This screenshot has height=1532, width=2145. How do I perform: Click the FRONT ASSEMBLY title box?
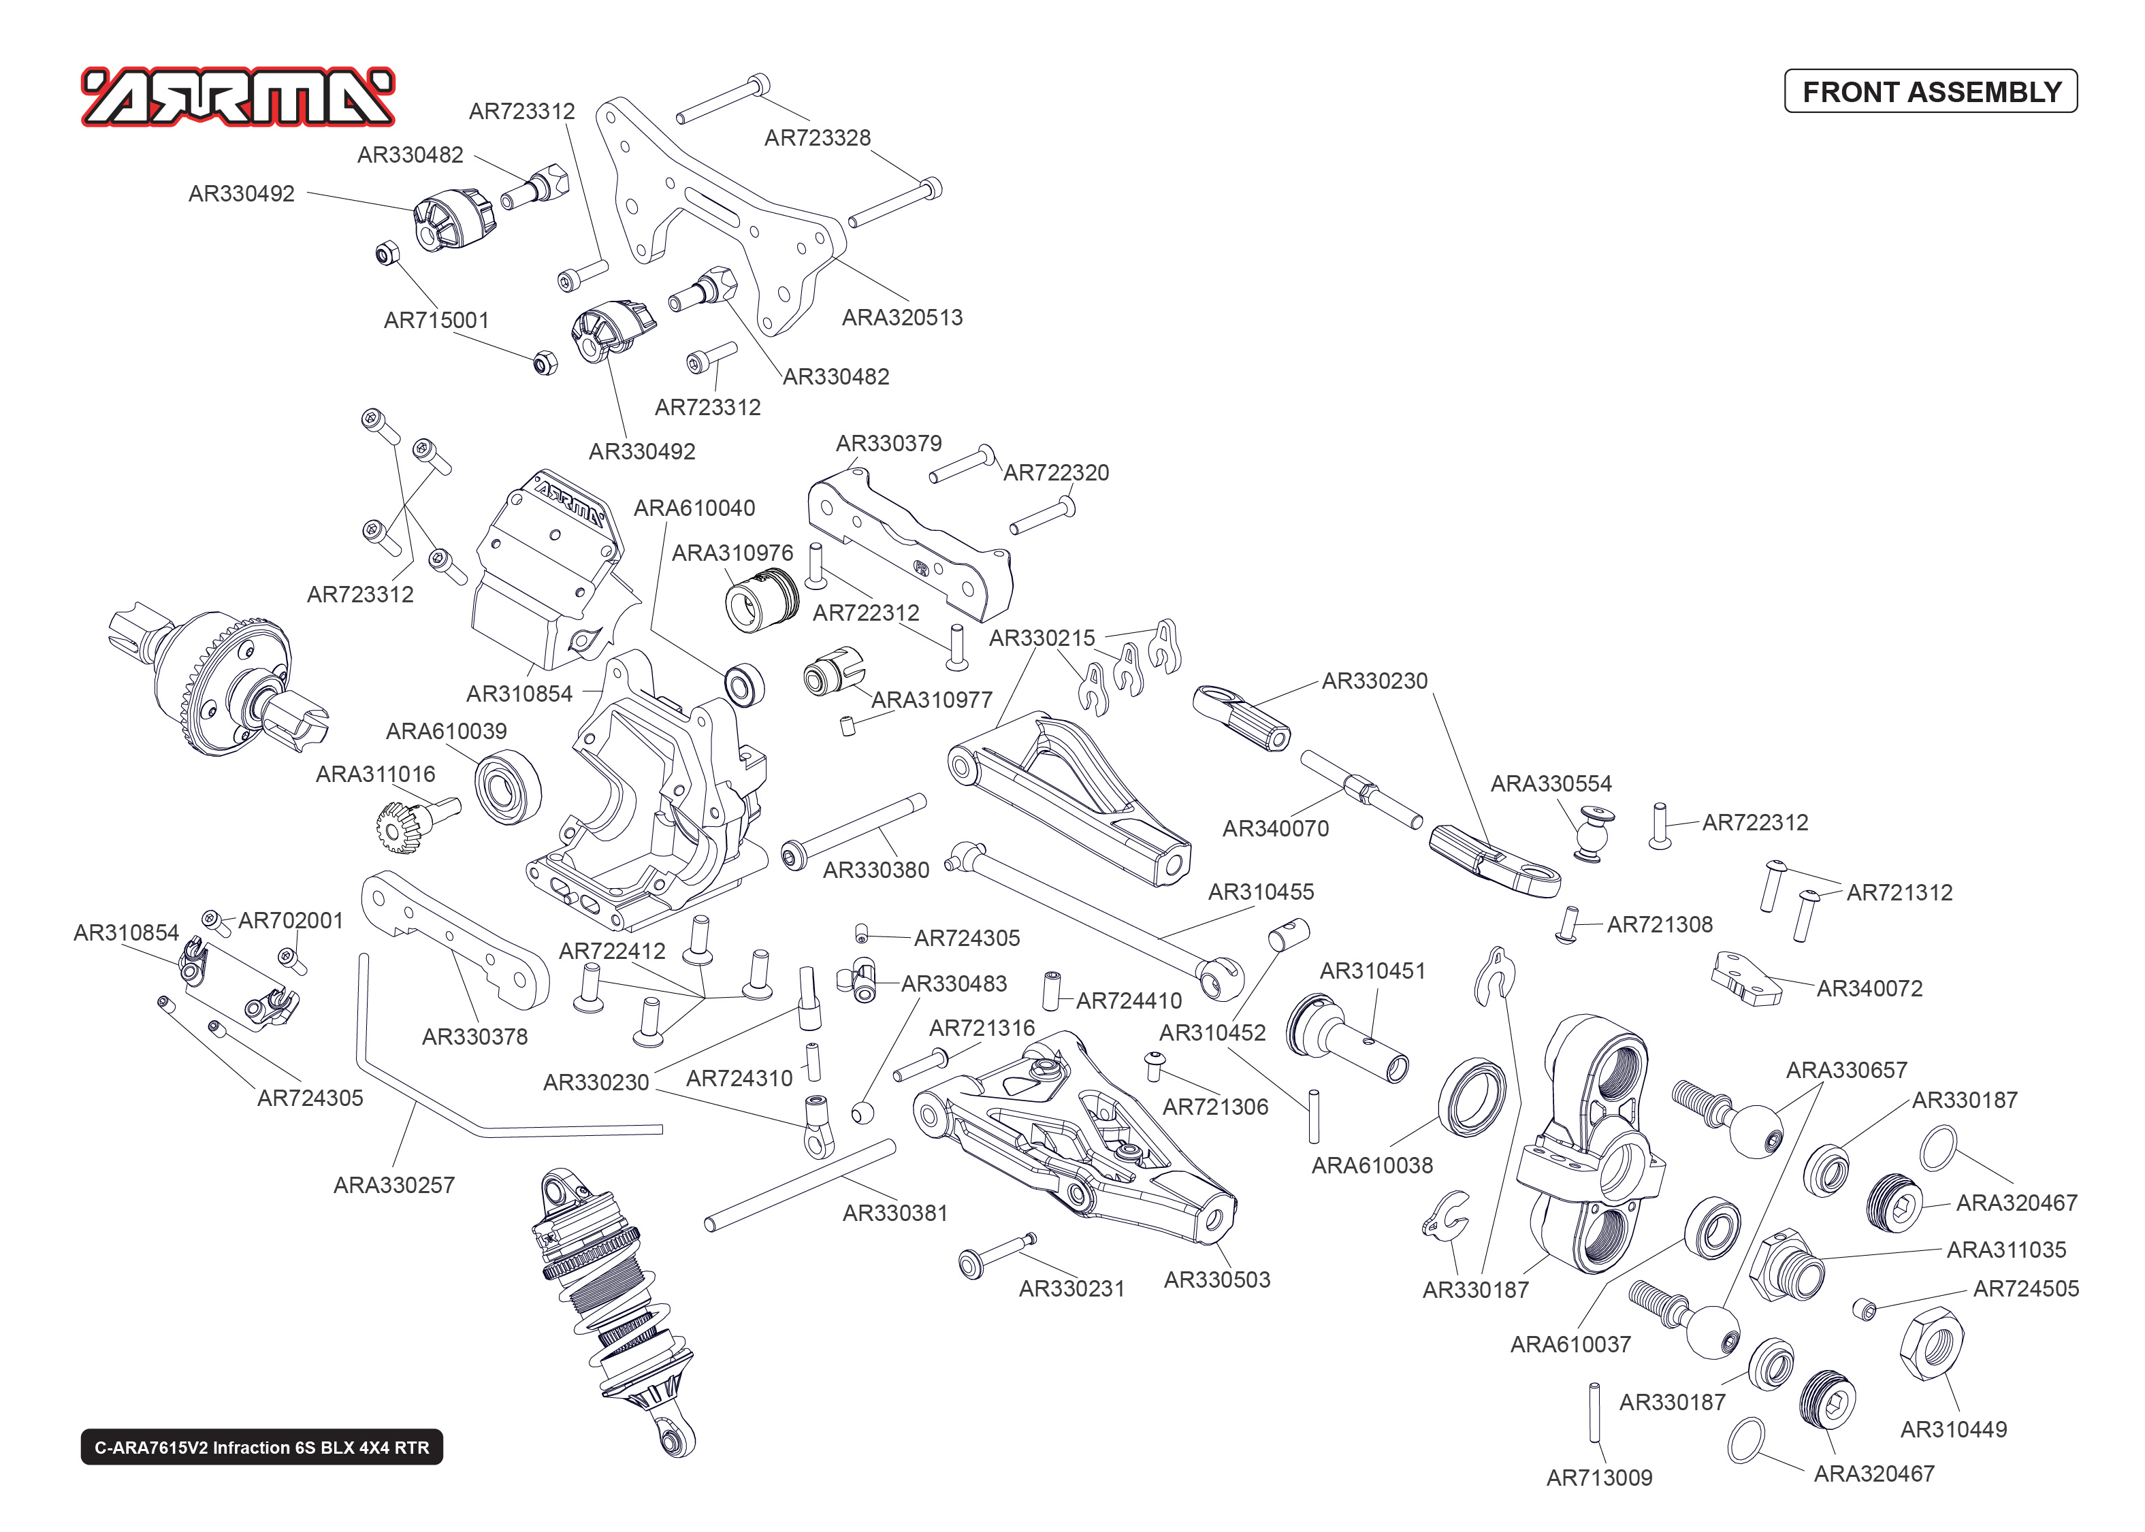point(1930,91)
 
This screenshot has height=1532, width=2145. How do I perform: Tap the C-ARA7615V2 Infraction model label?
point(261,1447)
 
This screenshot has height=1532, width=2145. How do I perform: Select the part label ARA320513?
point(902,317)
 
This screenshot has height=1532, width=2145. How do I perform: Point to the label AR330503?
point(1217,1280)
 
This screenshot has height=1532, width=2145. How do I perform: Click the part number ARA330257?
point(393,1185)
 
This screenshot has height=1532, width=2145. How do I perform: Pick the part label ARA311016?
point(375,774)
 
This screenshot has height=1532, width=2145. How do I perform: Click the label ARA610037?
point(1570,1343)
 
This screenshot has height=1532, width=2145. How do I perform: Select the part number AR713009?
point(1599,1478)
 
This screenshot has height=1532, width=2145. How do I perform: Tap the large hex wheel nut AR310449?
point(1930,1343)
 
